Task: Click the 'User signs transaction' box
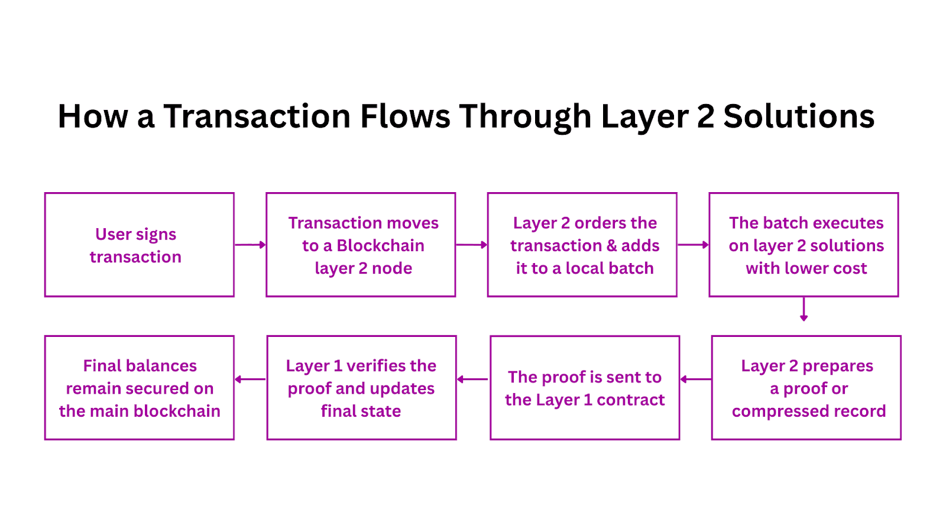pyautogui.click(x=139, y=245)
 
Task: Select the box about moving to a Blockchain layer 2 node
pyautogui.click(x=361, y=245)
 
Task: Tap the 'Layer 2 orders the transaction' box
pyautogui.click(x=582, y=245)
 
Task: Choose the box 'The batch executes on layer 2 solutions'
pyautogui.click(x=804, y=245)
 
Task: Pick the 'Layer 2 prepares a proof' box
pyautogui.click(x=806, y=388)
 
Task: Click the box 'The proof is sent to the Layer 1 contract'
pyautogui.click(x=585, y=388)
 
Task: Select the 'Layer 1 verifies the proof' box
pyautogui.click(x=361, y=388)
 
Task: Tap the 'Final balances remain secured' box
pyautogui.click(x=139, y=388)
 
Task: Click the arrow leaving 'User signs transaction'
pyautogui.click(x=250, y=245)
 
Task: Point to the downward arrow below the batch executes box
pyautogui.click(x=804, y=309)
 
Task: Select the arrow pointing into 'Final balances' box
pyautogui.click(x=250, y=379)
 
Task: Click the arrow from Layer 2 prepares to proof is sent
pyautogui.click(x=695, y=379)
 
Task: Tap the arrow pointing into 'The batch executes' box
pyautogui.click(x=693, y=245)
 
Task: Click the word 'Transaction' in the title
pyautogui.click(x=257, y=116)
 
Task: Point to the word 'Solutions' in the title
pyautogui.click(x=798, y=116)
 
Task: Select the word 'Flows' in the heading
pyautogui.click(x=405, y=116)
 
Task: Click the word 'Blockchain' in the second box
pyautogui.click(x=381, y=245)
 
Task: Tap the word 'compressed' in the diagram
pyautogui.click(x=769, y=411)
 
